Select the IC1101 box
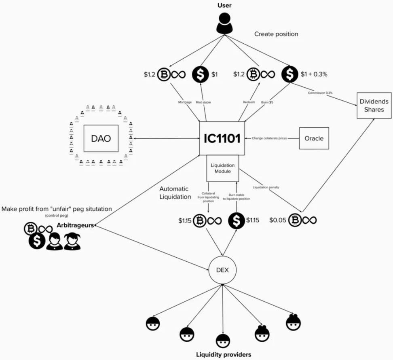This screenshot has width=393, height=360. pyautogui.click(x=222, y=138)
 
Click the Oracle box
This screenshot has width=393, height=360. pyautogui.click(x=314, y=138)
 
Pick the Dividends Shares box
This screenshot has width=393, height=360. pyautogui.click(x=373, y=106)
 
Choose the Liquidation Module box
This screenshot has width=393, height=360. pyautogui.click(x=223, y=168)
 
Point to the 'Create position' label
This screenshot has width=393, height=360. pyautogui.click(x=276, y=34)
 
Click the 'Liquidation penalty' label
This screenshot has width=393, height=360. pyautogui.click(x=266, y=187)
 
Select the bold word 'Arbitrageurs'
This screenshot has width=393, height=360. pyautogui.click(x=76, y=225)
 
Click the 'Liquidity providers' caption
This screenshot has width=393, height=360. pyautogui.click(x=224, y=354)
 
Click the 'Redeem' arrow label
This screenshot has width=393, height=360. pyautogui.click(x=248, y=102)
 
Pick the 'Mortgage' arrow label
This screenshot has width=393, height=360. pyautogui.click(x=185, y=102)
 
